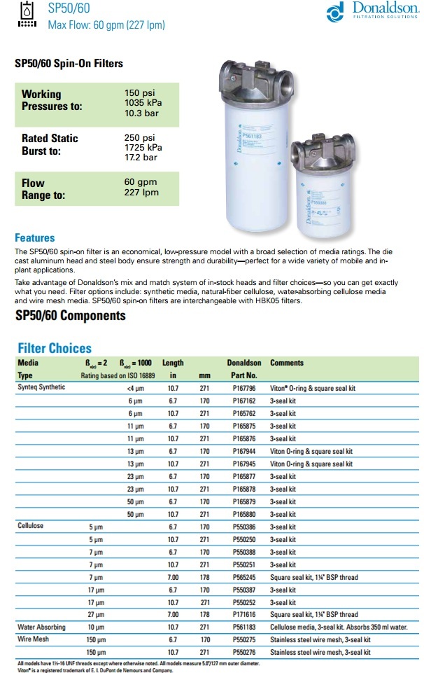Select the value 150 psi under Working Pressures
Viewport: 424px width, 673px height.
pyautogui.click(x=139, y=93)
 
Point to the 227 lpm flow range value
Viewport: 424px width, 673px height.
pyautogui.click(x=141, y=193)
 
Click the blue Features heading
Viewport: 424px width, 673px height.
pyautogui.click(x=34, y=238)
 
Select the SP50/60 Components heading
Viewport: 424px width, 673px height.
pyautogui.click(x=70, y=315)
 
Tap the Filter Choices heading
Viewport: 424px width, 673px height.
pyautogui.click(x=55, y=348)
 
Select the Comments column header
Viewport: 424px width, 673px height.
pyautogui.click(x=287, y=363)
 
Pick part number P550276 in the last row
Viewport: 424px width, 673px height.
pyautogui.click(x=244, y=651)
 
